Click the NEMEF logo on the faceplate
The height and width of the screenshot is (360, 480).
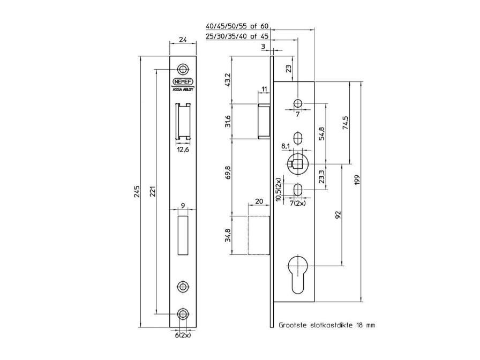click(x=184, y=82)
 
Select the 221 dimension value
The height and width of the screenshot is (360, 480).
click(x=152, y=191)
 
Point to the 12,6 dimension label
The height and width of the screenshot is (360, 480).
click(x=184, y=149)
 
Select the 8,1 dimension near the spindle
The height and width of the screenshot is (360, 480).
click(x=286, y=145)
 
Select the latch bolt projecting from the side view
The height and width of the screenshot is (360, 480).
click(x=264, y=121)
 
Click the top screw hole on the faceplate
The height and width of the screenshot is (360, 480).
click(x=184, y=69)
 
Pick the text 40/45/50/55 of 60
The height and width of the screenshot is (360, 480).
click(x=237, y=26)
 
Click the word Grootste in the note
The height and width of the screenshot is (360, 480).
click(x=293, y=325)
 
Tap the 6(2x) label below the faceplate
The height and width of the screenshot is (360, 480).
click(x=183, y=335)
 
